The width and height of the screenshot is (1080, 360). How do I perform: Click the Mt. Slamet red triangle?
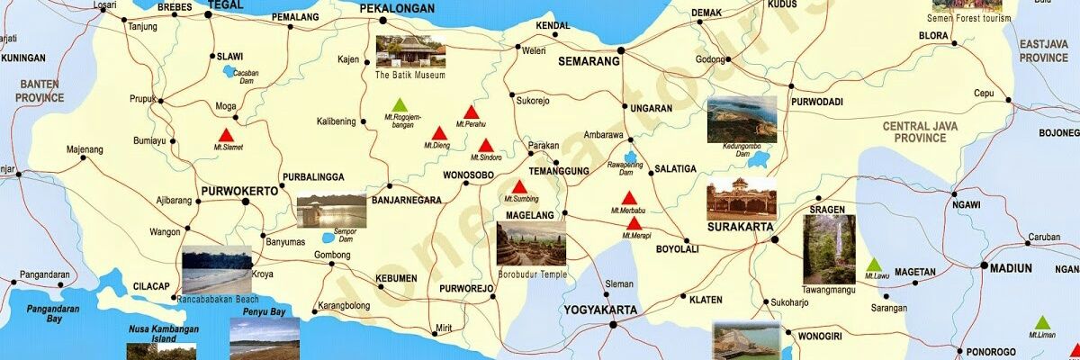tap(226, 135)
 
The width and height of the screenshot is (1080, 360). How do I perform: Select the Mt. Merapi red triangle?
tap(634, 223)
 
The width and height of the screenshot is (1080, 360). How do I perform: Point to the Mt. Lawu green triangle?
tap(872, 265)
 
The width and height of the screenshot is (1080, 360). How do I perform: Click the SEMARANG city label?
tap(589, 62)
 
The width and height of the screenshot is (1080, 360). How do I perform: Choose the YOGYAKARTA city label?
tap(600, 310)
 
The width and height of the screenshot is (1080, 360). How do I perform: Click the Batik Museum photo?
tap(410, 51)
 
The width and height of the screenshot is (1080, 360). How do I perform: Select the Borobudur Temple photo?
tap(531, 245)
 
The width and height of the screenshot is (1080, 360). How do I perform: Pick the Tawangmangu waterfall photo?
tap(829, 248)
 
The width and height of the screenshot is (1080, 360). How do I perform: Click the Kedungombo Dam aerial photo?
tap(741, 120)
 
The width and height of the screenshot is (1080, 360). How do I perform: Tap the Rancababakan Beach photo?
tap(217, 270)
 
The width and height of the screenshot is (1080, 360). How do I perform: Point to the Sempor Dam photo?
tap(331, 212)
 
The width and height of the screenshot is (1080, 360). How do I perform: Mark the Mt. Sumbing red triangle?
tap(519, 186)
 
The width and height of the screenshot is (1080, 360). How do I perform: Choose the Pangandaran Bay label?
tap(54, 314)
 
